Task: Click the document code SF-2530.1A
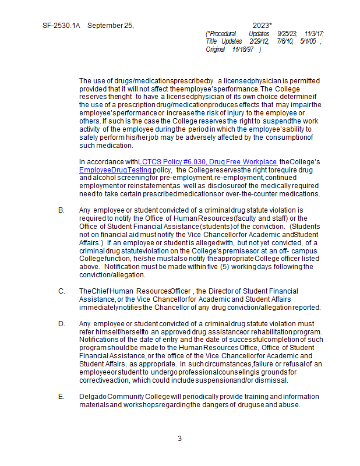pos(61,26)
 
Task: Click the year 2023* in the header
pos(262,26)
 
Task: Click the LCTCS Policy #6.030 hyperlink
pos(207,161)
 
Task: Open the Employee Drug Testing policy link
pos(115,170)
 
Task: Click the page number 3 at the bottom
pos(179,439)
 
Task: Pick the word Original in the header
pos(215,50)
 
